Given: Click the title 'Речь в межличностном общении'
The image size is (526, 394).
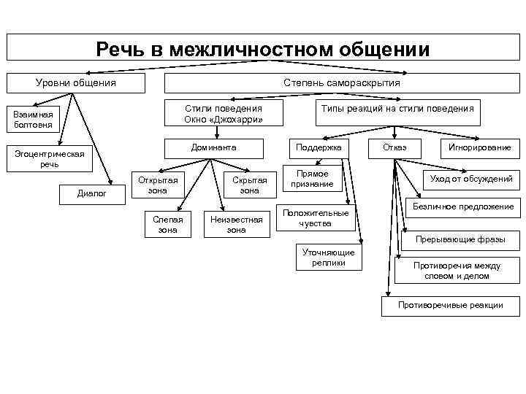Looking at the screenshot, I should pyautogui.click(x=263, y=49).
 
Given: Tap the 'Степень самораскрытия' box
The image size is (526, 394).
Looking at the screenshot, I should pyautogui.click(x=342, y=82).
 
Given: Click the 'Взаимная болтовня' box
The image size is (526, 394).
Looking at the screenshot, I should pyautogui.click(x=34, y=119).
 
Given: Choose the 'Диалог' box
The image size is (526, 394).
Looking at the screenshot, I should pyautogui.click(x=92, y=193).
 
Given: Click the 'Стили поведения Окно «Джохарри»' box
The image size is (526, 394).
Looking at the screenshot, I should pyautogui.click(x=224, y=113).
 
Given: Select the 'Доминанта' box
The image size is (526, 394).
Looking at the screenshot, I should pyautogui.click(x=213, y=147).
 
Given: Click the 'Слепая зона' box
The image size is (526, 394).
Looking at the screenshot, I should pyautogui.click(x=167, y=225).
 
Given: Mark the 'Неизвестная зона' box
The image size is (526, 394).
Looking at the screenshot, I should pyautogui.click(x=236, y=225).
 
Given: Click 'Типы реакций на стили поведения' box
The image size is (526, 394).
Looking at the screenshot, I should pyautogui.click(x=397, y=109).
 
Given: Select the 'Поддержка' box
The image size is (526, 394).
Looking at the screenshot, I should pyautogui.click(x=319, y=147).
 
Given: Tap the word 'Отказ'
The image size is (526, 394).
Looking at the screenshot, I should pyautogui.click(x=395, y=147).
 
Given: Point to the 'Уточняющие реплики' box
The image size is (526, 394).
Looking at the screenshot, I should pyautogui.click(x=329, y=258).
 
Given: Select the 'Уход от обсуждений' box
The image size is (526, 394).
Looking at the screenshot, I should pyautogui.click(x=470, y=179).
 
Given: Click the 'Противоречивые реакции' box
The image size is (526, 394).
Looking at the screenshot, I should pyautogui.click(x=450, y=305).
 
